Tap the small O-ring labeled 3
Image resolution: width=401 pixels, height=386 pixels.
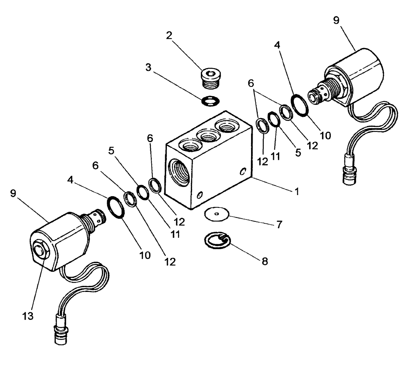(209, 102)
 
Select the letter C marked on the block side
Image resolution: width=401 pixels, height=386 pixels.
(243, 172)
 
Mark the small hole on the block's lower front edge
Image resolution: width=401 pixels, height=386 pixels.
(200, 196)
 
